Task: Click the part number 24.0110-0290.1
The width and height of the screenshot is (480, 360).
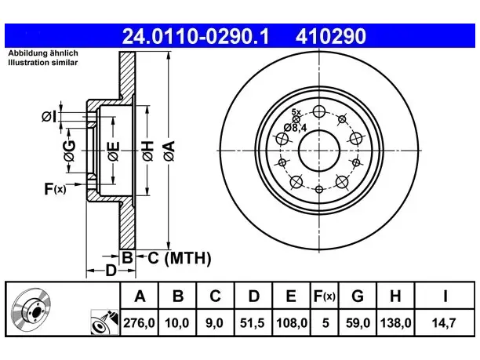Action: pos(195,36)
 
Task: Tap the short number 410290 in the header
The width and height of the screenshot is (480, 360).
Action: pos(331,36)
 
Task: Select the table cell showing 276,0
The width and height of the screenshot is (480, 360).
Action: pos(140,322)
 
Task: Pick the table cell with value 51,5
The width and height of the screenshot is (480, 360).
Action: pos(252,322)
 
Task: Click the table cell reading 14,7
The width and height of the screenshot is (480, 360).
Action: pos(444,322)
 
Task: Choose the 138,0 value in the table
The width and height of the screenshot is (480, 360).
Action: pos(395,322)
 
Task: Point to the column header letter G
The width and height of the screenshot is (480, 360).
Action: pos(358,296)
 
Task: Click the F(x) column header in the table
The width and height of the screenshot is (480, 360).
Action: pos(325,296)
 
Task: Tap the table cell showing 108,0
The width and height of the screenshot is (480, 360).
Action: pos(291,322)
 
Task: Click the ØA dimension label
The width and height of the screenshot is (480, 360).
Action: pos(169,151)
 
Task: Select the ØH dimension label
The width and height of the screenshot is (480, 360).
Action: pos(148,151)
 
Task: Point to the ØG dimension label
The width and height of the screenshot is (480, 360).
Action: pos(69,151)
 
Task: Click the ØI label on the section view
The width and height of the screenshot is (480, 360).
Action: pos(49,117)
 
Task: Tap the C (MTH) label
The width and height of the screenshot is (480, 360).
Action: pos(180,258)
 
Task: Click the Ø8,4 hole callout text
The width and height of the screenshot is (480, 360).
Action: pos(295,128)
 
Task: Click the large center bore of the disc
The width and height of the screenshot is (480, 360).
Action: pos(319,151)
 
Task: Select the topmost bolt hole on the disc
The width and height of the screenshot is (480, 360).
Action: pos(319,111)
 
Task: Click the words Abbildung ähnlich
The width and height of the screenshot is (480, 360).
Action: pos(43,53)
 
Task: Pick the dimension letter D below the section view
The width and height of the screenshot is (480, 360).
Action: pos(111,271)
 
